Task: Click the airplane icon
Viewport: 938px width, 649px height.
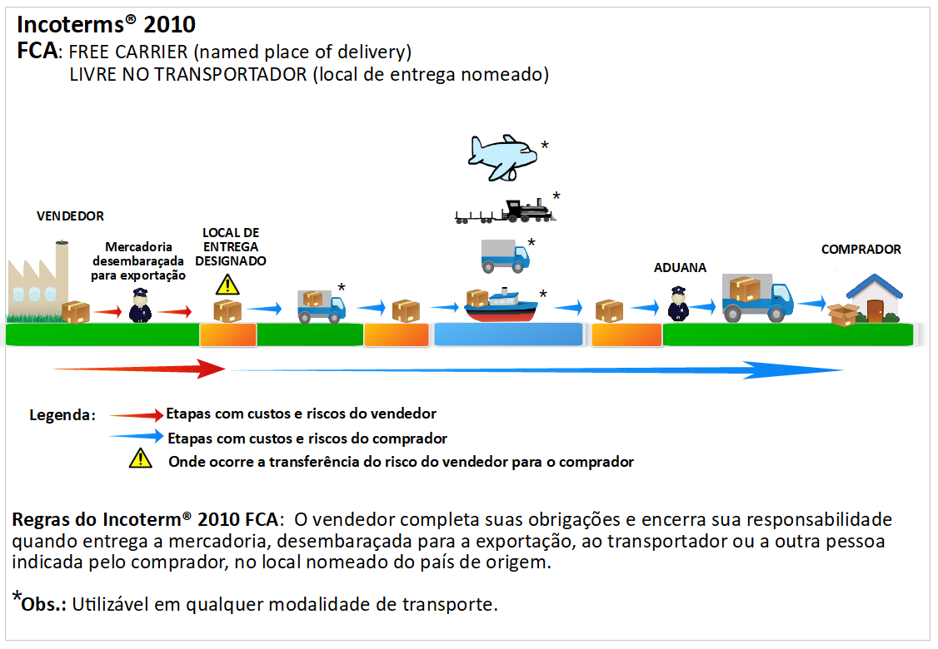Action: tap(502, 156)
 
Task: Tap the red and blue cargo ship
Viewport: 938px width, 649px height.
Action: tap(501, 305)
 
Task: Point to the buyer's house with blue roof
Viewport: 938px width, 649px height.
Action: tap(874, 298)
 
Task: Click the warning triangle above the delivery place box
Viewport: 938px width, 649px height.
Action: tap(227, 285)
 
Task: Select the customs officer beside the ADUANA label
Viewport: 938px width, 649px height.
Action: tap(679, 304)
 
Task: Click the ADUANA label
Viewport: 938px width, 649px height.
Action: tap(680, 268)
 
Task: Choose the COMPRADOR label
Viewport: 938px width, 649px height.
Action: tap(861, 250)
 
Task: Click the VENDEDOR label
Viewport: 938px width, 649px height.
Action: tap(70, 216)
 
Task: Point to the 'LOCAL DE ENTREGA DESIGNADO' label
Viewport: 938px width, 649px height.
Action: tap(231, 246)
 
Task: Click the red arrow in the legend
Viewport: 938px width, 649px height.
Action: tap(137, 414)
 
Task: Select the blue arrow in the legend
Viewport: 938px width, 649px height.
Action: tap(137, 436)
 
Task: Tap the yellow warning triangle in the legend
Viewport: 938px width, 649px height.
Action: tap(140, 458)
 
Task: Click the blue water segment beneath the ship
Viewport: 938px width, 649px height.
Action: tap(508, 334)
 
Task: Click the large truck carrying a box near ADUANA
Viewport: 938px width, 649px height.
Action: tap(756, 298)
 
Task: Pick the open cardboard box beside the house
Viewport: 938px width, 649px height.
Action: tap(842, 315)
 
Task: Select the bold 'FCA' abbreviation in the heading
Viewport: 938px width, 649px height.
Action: tap(37, 52)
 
